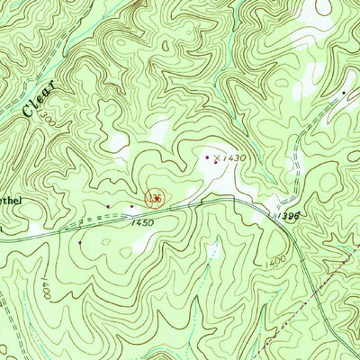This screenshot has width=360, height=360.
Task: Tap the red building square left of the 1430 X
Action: (206, 157)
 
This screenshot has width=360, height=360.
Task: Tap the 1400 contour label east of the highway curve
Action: (277, 261)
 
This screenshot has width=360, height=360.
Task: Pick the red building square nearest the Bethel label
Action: (108, 206)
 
